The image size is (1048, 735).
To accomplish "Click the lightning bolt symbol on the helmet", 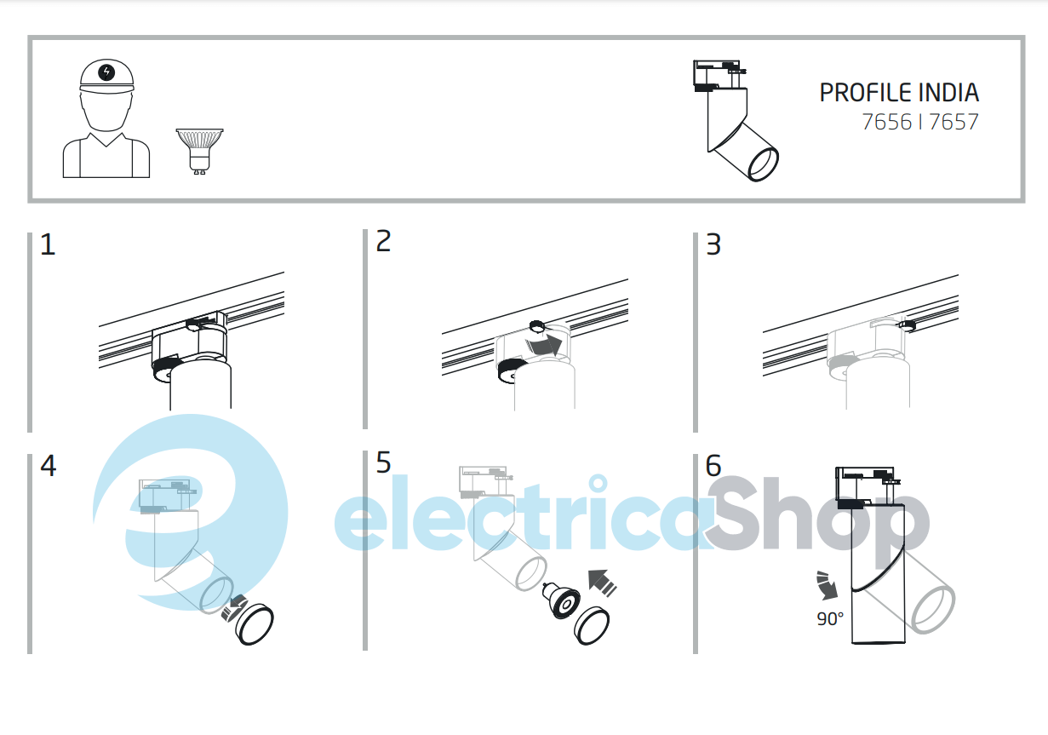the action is [106, 72].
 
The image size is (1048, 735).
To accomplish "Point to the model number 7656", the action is [887, 122].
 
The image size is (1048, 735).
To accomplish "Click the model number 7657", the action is [954, 122].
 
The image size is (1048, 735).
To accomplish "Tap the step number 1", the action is [48, 244].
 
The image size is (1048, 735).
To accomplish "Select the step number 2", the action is [384, 241].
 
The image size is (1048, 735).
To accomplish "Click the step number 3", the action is [713, 244].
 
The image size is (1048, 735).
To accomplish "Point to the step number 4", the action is [49, 466].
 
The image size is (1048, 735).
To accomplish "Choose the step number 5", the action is [384, 462].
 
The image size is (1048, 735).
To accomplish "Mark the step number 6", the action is [713, 466].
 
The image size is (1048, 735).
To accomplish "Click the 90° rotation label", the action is [830, 619].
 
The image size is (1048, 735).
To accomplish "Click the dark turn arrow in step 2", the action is [544, 345].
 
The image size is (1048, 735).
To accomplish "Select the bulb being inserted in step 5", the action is [561, 601].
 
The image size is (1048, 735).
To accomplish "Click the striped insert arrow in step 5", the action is [603, 583].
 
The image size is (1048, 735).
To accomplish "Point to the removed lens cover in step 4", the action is [255, 624].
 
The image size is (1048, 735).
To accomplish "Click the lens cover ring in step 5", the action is [592, 625].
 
